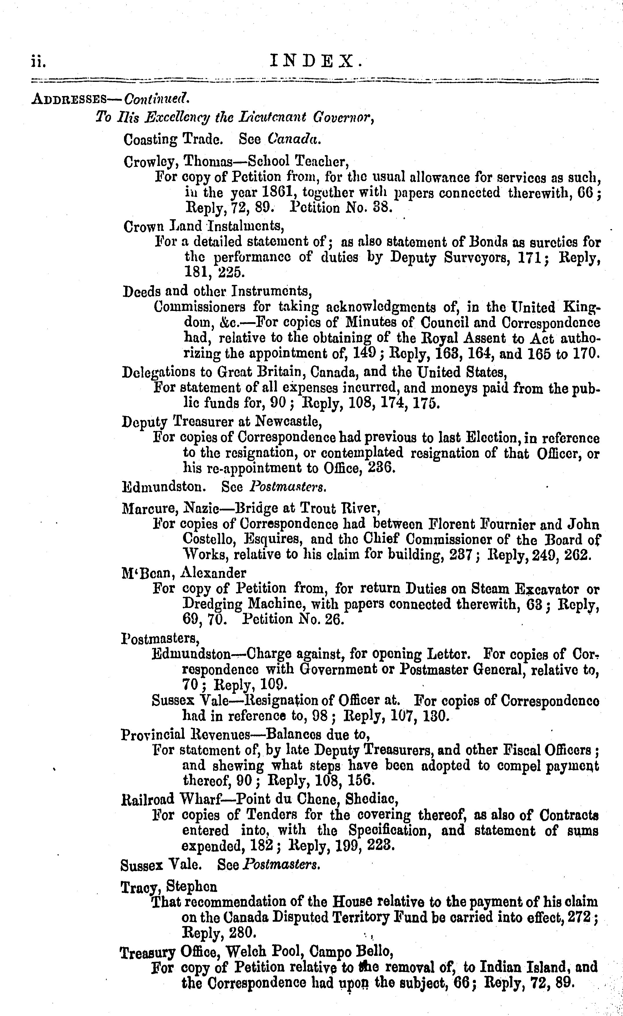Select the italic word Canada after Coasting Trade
point(294,139)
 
